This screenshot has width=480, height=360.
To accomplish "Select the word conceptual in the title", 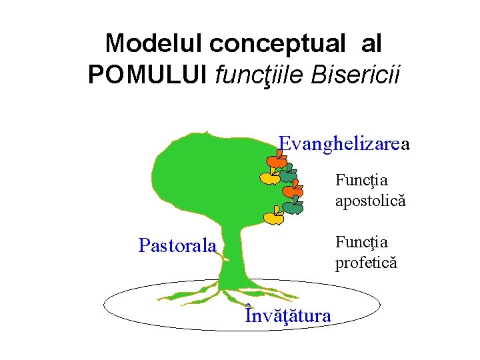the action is point(278,44).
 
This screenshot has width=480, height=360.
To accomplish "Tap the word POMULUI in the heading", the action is point(148,75).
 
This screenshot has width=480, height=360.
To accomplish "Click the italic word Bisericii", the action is point(358,75).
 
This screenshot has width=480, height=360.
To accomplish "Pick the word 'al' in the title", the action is point(371,44).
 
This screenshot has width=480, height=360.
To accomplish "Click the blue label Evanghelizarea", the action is point(343,144).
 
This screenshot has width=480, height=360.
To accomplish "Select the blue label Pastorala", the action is point(177,246).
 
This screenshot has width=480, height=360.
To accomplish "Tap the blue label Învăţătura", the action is point(287,314).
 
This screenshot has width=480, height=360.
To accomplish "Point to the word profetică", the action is point(365,262).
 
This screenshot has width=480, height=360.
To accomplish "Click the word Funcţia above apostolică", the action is point(361,180).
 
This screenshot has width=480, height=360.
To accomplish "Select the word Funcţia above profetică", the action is point(361,242).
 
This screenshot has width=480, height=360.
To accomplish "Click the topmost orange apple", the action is point(276,161).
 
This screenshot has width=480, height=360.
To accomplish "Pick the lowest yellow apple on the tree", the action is point(273,217).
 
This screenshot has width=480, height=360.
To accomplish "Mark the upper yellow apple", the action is point(269,177).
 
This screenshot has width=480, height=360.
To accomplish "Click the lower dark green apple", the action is point(293,207).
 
